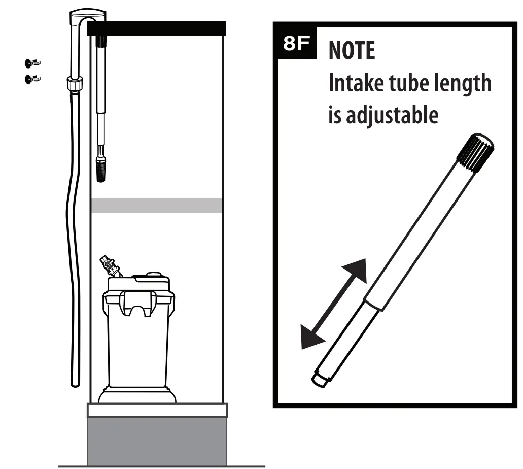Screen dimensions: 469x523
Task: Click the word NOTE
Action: (352, 51)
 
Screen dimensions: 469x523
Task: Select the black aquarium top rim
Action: (156, 28)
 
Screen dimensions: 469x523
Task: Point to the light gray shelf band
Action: (156, 205)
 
